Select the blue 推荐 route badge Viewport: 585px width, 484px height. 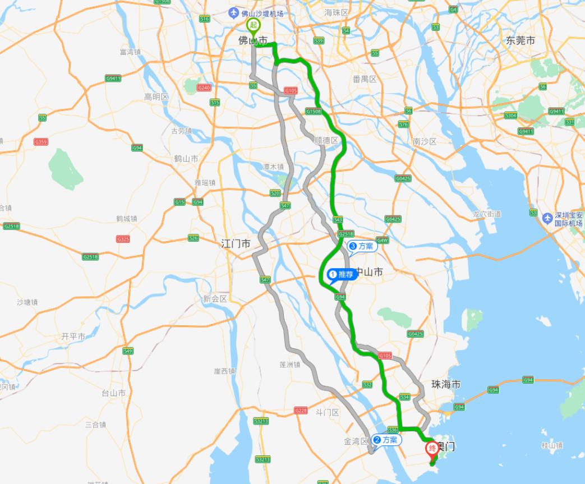(342, 275)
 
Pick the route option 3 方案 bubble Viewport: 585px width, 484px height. (361, 246)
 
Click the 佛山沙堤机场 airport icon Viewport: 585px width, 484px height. (234, 13)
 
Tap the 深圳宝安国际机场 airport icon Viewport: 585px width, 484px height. (547, 216)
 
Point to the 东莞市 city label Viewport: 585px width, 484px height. (520, 40)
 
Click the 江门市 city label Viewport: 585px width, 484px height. (236, 244)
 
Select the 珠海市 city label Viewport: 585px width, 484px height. (446, 385)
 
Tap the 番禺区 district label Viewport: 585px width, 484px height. (365, 80)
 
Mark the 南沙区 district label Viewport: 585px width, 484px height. (424, 141)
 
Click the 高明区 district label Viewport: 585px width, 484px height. (156, 97)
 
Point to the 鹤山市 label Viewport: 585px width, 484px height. (186, 159)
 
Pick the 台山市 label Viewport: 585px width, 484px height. (113, 393)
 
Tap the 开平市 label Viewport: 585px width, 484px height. (73, 337)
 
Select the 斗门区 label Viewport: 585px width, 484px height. (328, 413)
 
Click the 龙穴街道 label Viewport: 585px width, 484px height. (486, 214)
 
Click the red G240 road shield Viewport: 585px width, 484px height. (205, 87)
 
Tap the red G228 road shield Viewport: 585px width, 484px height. (301, 411)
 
